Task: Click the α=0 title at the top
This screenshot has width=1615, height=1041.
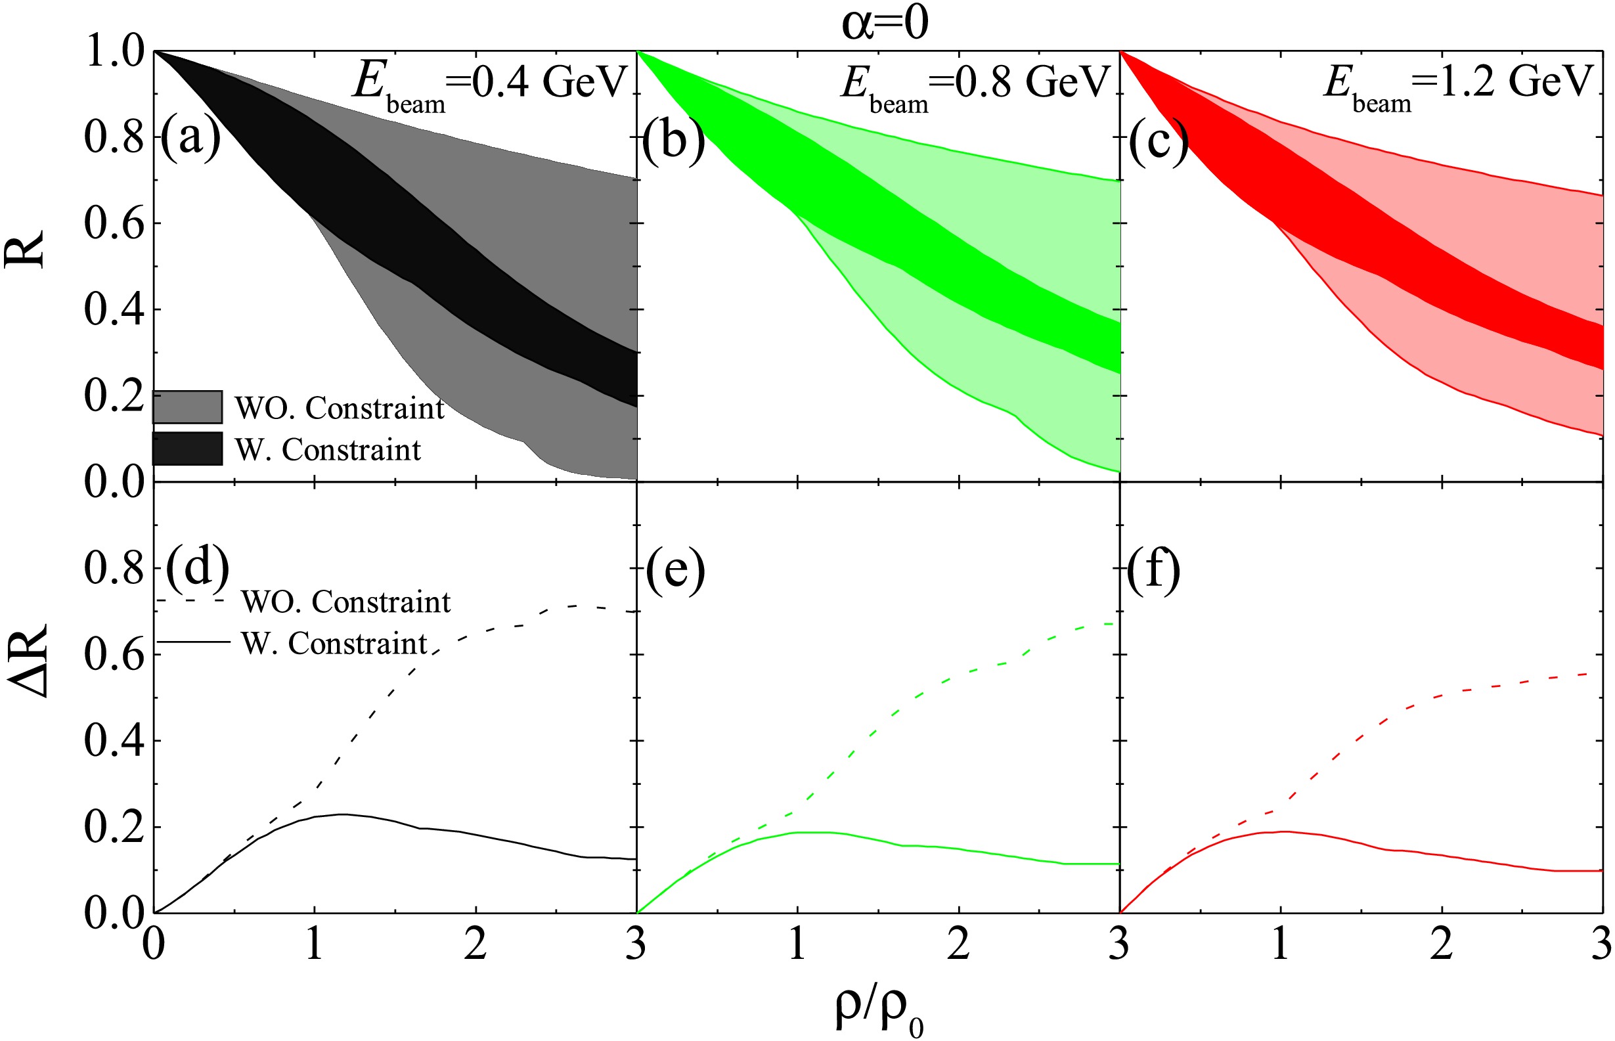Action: (884, 23)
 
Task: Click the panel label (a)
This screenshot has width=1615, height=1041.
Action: (190, 137)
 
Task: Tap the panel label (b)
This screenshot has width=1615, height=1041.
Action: (673, 140)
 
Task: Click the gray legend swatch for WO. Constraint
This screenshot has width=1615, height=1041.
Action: (188, 407)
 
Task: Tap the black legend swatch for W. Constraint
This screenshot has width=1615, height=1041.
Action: (188, 449)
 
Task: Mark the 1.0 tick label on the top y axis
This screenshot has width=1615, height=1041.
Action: (115, 51)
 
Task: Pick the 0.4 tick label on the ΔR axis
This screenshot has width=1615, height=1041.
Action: (115, 740)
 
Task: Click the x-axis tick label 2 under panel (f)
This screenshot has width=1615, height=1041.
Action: (1441, 944)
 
